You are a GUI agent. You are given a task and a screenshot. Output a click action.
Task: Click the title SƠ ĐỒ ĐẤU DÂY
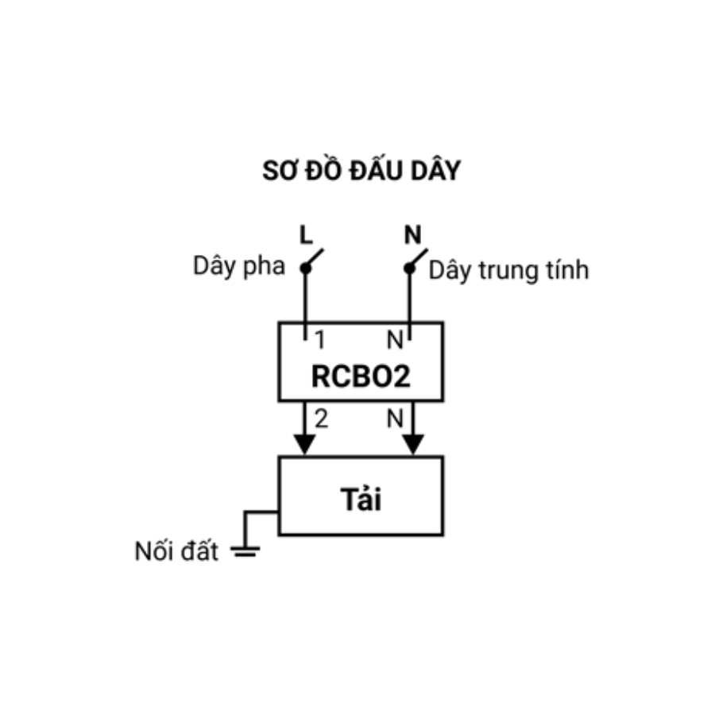(x=361, y=170)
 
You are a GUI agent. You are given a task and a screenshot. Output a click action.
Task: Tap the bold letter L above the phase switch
(x=306, y=235)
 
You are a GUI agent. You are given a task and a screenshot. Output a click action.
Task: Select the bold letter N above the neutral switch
(x=412, y=235)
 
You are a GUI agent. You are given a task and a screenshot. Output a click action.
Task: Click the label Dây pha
(x=239, y=265)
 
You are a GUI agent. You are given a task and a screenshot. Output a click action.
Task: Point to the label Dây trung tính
(x=509, y=270)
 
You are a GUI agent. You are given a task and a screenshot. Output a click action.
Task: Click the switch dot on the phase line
(x=306, y=269)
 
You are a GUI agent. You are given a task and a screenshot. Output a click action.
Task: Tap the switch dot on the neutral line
(x=409, y=269)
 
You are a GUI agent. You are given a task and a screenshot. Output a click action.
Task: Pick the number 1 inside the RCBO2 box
(x=320, y=340)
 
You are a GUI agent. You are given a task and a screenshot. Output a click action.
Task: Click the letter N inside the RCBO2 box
(x=395, y=340)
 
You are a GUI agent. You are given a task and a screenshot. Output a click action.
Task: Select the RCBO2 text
(x=361, y=377)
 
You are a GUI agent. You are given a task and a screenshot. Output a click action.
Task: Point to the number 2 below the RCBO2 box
(x=322, y=419)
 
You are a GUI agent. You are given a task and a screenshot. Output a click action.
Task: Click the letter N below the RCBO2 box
(x=395, y=419)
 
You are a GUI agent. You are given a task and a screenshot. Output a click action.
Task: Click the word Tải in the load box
(x=361, y=499)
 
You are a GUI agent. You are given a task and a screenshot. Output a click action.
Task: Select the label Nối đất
(x=176, y=551)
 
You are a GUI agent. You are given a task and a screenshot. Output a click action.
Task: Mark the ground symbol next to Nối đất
(x=245, y=551)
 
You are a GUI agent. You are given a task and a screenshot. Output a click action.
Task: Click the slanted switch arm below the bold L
(x=314, y=258)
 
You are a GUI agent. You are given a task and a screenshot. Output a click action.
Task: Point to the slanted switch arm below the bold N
(x=419, y=258)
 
